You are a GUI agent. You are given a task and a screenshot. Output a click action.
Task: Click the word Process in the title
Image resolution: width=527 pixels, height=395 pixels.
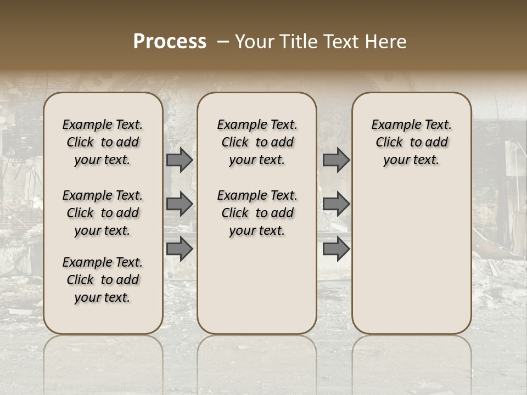click(170, 42)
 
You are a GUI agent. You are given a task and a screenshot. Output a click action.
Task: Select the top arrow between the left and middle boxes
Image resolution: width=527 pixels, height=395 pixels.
click(180, 160)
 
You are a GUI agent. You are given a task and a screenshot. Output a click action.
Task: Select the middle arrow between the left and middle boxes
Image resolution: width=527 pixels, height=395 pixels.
click(180, 204)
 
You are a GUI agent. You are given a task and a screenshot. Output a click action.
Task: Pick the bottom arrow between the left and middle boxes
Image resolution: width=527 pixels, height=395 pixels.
click(180, 249)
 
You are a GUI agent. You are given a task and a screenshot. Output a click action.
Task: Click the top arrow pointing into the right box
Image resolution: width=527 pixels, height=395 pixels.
click(336, 160)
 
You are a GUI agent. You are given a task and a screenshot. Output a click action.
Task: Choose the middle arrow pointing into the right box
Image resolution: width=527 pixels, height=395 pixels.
click(336, 204)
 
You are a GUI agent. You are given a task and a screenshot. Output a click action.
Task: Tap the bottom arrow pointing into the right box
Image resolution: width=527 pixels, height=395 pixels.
click(336, 249)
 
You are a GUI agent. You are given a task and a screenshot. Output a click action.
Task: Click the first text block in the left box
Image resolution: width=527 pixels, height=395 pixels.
click(103, 142)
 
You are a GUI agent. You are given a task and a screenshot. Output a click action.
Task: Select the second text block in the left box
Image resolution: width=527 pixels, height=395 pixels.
click(103, 213)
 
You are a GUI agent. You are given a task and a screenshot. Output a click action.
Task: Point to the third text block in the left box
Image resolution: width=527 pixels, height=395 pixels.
click(103, 280)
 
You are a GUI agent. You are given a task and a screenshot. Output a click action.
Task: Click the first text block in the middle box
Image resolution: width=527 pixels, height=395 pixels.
click(257, 142)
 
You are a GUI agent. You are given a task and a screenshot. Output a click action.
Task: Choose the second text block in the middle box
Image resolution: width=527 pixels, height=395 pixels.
click(257, 213)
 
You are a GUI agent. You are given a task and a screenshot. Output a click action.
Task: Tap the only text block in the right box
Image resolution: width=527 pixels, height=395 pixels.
click(411, 142)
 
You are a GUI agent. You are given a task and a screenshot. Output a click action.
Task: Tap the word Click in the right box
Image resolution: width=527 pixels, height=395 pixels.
click(389, 143)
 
